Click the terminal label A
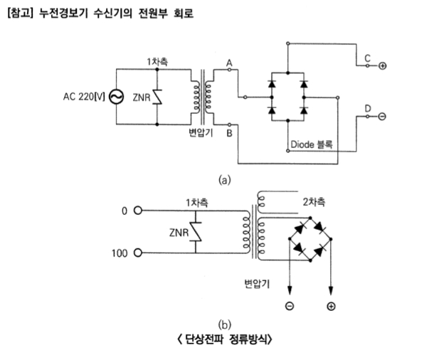pos(229,62)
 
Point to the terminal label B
pos(229,132)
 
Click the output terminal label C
pos(366,57)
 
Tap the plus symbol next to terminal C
pos(383,66)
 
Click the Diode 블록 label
pos(311,144)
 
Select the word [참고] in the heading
pos(18,13)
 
